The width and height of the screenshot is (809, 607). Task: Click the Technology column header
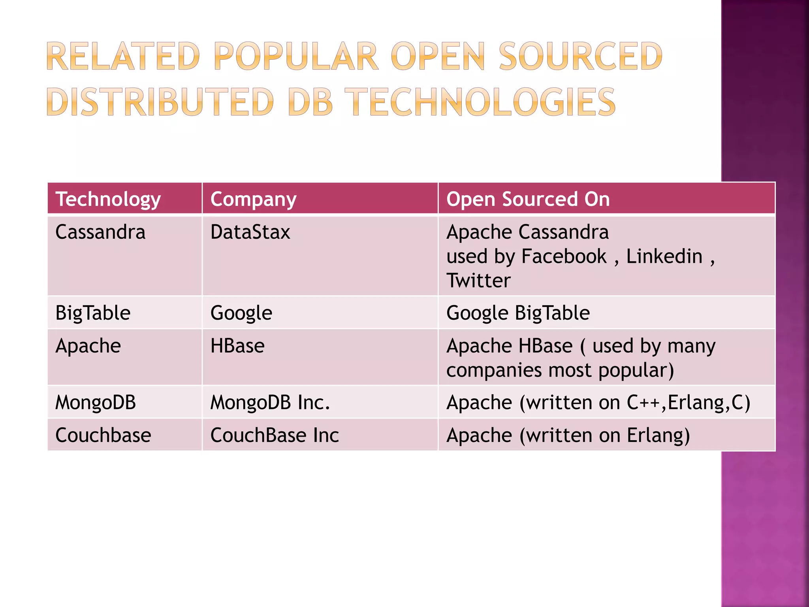(x=108, y=199)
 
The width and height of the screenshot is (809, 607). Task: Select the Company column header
(x=253, y=199)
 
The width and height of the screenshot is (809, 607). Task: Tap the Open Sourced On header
(x=528, y=199)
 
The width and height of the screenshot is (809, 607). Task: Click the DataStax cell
(x=250, y=232)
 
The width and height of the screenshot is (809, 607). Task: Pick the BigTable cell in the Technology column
(x=93, y=313)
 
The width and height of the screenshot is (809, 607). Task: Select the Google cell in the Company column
(x=241, y=313)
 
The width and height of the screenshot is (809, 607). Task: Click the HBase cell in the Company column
(x=237, y=346)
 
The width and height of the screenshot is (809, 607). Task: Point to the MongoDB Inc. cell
(x=270, y=403)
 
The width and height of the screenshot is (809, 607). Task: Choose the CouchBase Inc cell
(x=275, y=435)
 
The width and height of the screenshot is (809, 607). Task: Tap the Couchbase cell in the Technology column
(x=103, y=435)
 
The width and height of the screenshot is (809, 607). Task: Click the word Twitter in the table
(x=478, y=281)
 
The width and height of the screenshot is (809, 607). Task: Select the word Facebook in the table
(x=564, y=256)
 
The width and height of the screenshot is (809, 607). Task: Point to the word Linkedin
(x=664, y=256)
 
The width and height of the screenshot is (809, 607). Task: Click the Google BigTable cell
(x=518, y=313)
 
